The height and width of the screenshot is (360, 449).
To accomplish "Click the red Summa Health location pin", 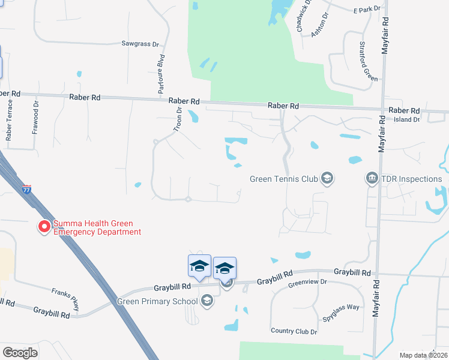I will tap(44, 227).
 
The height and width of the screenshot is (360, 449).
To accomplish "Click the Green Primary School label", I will tap(157, 301).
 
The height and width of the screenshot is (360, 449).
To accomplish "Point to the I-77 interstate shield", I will tap(26, 188).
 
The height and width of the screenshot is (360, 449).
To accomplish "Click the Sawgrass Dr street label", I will tap(140, 44).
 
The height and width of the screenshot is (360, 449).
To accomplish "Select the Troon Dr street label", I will tap(178, 115).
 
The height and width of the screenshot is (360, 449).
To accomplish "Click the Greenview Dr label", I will tap(307, 281).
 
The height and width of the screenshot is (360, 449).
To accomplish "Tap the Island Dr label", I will tap(407, 119).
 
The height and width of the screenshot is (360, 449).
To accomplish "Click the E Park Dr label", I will tap(367, 10).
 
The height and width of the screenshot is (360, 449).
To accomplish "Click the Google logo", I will tap(20, 352).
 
